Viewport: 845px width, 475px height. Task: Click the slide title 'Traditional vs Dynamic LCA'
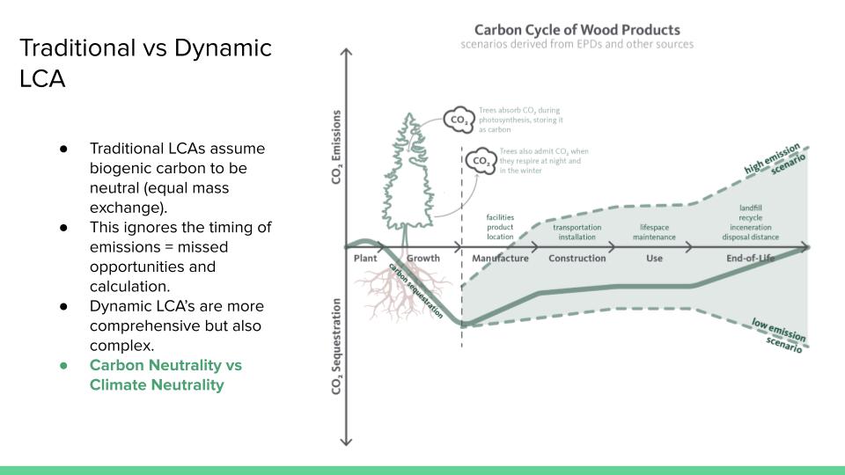pyautogui.click(x=145, y=62)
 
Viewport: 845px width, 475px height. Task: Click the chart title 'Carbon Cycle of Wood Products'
pyautogui.click(x=577, y=29)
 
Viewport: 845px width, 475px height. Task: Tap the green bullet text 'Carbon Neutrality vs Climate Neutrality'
pyautogui.click(x=165, y=375)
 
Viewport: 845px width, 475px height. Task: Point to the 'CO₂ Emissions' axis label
pyautogui.click(x=337, y=146)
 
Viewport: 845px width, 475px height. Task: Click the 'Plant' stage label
pyautogui.click(x=365, y=259)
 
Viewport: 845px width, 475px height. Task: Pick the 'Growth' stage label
pyautogui.click(x=423, y=259)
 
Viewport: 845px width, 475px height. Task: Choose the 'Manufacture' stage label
pyautogui.click(x=500, y=259)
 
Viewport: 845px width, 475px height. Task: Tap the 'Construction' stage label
pyautogui.click(x=577, y=259)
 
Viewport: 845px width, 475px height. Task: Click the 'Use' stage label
pyautogui.click(x=654, y=259)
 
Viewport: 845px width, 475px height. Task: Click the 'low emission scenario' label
pyautogui.click(x=778, y=336)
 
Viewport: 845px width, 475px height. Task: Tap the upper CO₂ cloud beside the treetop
pyautogui.click(x=459, y=120)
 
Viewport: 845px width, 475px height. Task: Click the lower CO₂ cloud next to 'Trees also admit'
pyautogui.click(x=481, y=161)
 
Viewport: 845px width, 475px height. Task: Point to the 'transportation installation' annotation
pyautogui.click(x=577, y=232)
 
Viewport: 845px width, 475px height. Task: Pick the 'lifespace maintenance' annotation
pyautogui.click(x=654, y=232)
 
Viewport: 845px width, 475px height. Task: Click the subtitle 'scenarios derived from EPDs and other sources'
pyautogui.click(x=577, y=44)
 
